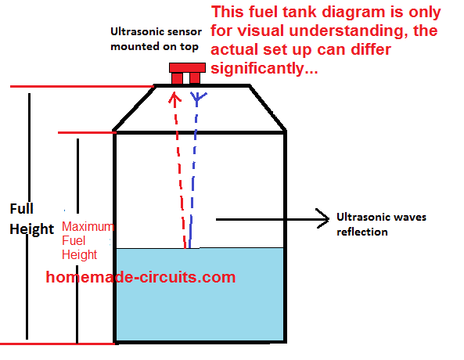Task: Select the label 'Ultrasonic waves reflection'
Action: (x=381, y=224)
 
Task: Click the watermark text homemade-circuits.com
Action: (x=141, y=277)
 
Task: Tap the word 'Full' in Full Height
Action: (x=21, y=209)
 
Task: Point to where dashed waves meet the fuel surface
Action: (x=188, y=249)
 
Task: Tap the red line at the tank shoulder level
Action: (x=86, y=133)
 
